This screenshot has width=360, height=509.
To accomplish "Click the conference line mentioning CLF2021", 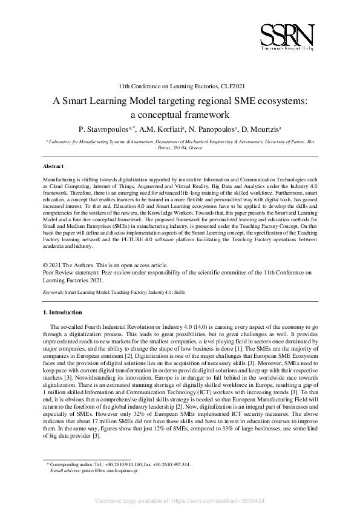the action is coord(180,86).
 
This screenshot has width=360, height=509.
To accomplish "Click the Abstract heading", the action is coord(53,166).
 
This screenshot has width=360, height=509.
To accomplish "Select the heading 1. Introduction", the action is coord(62,313).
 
